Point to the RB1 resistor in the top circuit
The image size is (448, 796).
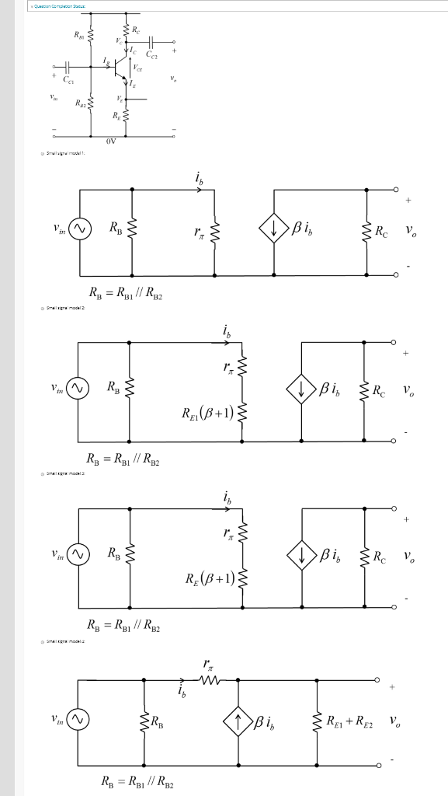tap(92, 37)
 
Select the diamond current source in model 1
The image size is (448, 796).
tap(274, 229)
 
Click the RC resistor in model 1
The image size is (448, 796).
tap(366, 229)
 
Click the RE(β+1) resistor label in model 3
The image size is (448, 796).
tap(208, 578)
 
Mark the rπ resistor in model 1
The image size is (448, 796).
tap(214, 229)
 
